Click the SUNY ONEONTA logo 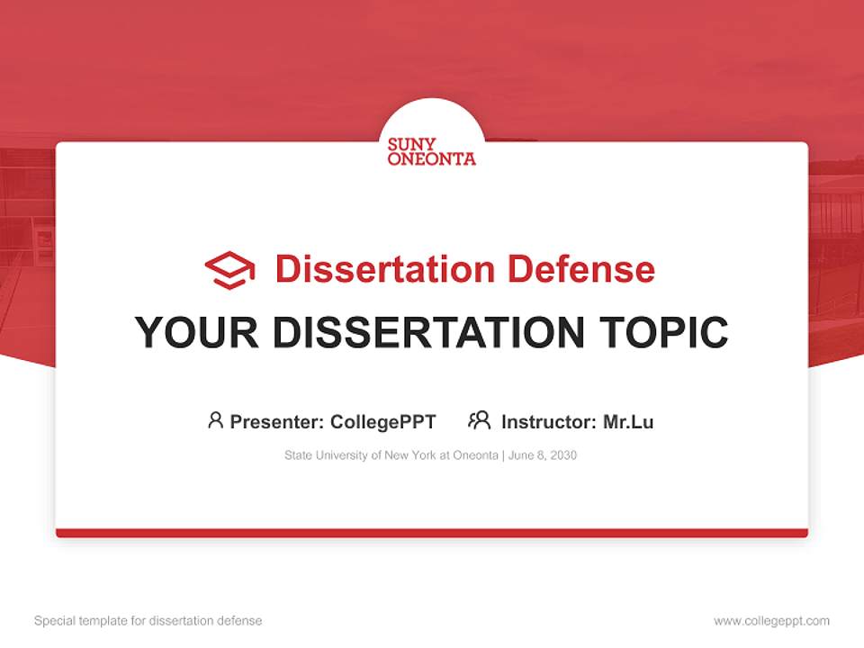click(x=431, y=151)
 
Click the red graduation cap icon click(x=229, y=270)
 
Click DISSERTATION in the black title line click(x=427, y=333)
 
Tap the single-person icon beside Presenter click(x=215, y=420)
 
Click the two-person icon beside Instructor click(x=480, y=420)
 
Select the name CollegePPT click(x=382, y=421)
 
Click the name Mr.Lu click(x=628, y=421)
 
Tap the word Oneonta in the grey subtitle click(x=474, y=455)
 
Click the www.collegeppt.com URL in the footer click(x=771, y=621)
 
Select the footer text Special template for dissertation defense click(x=148, y=621)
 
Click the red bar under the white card click(x=431, y=533)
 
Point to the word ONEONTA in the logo click(x=431, y=159)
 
